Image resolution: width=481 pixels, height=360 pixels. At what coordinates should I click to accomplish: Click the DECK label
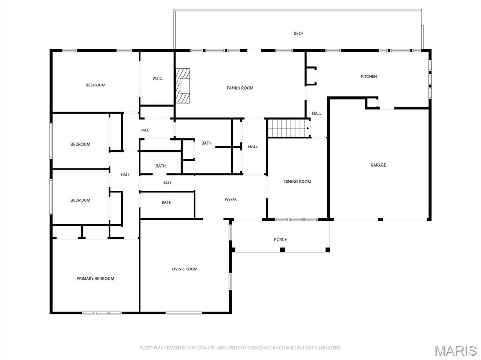click(298, 33)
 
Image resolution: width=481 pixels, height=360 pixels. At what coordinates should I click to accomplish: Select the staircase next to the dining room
click(287, 128)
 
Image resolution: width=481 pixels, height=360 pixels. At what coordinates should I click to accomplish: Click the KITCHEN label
click(369, 77)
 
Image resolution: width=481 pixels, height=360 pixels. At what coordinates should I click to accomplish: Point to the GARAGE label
click(378, 165)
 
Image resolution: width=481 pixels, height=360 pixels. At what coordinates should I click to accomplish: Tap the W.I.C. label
click(157, 78)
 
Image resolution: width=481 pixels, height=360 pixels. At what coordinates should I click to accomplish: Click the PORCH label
click(280, 240)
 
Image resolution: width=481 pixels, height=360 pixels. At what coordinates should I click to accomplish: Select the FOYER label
click(231, 200)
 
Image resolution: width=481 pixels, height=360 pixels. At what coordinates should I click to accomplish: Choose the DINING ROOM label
click(297, 182)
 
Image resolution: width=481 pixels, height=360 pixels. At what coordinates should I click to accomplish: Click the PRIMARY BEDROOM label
click(95, 279)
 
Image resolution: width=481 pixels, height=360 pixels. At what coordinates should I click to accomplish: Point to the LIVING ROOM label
click(185, 269)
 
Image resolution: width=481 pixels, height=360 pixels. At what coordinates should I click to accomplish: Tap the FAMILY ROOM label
click(240, 88)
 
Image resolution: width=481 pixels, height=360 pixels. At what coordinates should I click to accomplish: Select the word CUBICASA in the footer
click(193, 348)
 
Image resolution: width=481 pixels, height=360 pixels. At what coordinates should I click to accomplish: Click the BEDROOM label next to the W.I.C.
click(95, 85)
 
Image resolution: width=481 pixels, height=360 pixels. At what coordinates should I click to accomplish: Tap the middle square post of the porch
click(282, 249)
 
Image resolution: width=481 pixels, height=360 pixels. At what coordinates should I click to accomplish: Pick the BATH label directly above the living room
click(167, 202)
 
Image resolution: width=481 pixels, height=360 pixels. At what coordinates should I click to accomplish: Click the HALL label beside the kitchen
click(317, 113)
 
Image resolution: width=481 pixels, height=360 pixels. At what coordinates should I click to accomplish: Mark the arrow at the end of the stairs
click(308, 128)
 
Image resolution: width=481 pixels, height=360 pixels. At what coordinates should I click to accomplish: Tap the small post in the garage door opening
click(380, 219)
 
